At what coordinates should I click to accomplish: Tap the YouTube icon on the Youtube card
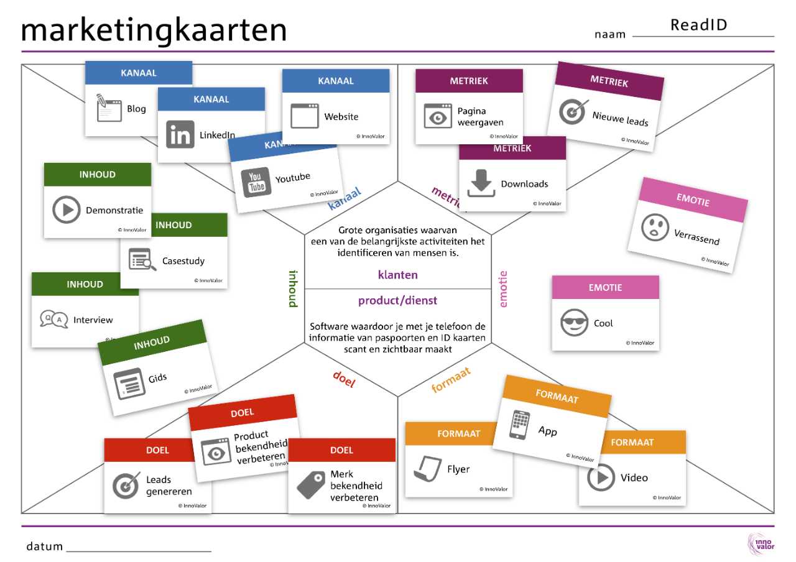(256, 182)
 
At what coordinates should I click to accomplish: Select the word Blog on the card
(136, 109)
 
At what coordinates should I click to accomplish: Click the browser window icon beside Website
(304, 116)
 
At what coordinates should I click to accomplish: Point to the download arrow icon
(481, 183)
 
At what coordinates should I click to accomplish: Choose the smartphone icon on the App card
(519, 425)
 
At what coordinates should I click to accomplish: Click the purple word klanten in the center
(398, 274)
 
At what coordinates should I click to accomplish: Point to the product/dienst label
(398, 301)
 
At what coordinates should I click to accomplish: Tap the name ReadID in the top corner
(698, 25)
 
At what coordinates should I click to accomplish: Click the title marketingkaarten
(154, 30)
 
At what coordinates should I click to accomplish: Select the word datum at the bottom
(45, 546)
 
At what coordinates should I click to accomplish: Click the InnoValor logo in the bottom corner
(760, 543)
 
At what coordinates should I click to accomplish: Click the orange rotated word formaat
(451, 380)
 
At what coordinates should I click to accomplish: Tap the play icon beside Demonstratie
(67, 210)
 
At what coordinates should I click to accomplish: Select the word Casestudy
(183, 261)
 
